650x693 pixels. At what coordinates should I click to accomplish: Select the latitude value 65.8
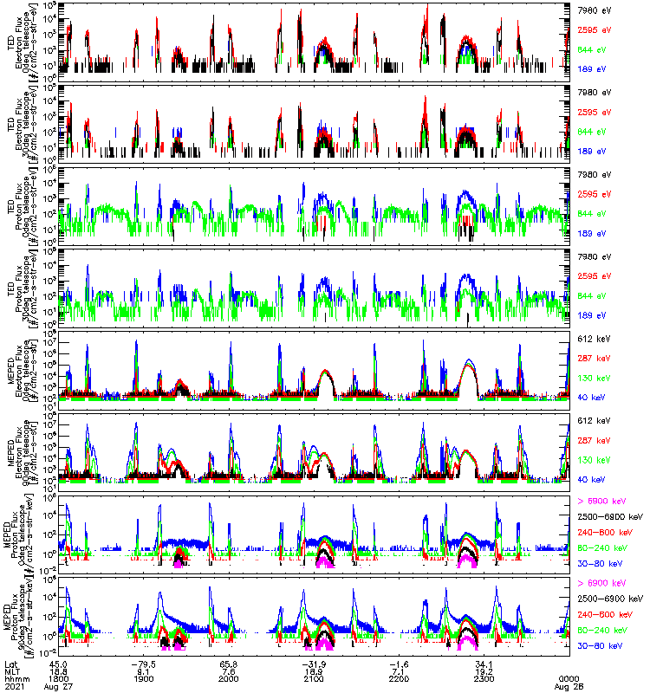229,663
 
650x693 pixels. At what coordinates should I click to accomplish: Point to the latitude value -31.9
314,663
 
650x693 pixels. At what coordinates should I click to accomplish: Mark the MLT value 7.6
229,670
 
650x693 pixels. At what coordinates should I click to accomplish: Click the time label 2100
314,678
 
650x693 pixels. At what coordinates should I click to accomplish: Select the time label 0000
569,678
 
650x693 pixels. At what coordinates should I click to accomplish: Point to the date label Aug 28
569,686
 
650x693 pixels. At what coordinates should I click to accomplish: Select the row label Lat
11,663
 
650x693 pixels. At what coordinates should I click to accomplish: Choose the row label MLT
12,670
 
